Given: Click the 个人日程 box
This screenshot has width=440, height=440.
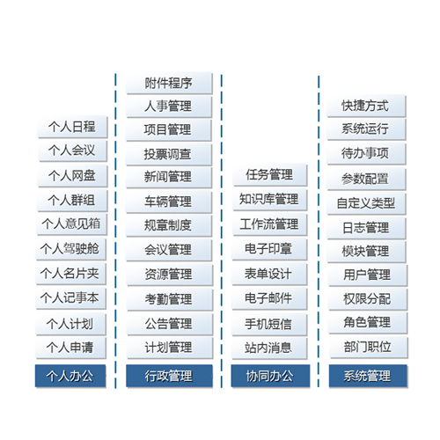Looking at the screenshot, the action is tap(72, 127).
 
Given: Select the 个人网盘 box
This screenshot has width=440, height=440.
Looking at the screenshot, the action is tap(72, 176).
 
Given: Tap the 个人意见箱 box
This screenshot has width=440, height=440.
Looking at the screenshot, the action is tap(72, 224).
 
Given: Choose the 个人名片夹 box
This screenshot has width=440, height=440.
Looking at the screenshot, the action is tap(70, 274).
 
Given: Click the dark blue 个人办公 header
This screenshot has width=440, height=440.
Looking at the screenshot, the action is tap(70, 376).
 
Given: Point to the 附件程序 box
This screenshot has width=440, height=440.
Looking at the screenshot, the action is tap(169, 83).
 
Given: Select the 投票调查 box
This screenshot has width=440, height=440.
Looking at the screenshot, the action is tap(169, 154).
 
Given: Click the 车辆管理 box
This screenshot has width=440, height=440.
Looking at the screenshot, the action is tap(169, 202).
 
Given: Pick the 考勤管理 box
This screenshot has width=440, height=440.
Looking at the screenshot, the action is tap(170, 299).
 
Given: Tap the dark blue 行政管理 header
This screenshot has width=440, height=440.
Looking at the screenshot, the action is tap(169, 376).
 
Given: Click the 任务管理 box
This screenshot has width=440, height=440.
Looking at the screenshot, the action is tap(270, 175).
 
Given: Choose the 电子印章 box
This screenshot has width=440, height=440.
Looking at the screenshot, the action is tap(269, 249).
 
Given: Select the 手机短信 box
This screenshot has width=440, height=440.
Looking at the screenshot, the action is tap(269, 325).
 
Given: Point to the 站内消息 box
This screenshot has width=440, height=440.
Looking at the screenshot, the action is tap(269, 348).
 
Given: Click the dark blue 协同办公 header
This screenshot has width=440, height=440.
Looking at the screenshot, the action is tap(270, 376).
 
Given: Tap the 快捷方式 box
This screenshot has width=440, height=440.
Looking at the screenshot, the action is tap(366, 106).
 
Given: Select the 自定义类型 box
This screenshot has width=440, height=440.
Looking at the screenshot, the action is tap(366, 203).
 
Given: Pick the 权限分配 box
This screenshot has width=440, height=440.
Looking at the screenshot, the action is tap(368, 299).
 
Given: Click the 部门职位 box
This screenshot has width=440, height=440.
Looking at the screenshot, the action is tap(369, 348).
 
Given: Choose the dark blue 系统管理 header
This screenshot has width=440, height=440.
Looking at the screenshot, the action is tap(368, 376).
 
